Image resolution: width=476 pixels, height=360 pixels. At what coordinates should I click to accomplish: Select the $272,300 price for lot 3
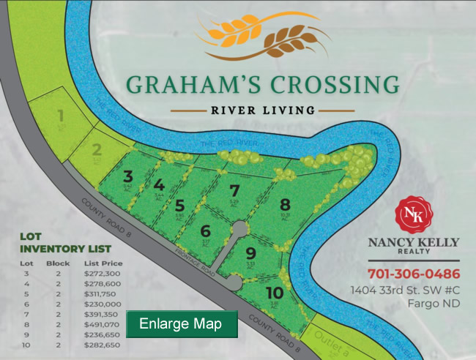coord(104,273)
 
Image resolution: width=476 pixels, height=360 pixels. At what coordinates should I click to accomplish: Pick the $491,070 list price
coord(104,320)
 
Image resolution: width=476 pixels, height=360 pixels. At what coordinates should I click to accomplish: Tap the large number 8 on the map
coord(285,204)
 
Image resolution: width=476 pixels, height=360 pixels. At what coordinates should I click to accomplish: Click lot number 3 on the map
coord(127,176)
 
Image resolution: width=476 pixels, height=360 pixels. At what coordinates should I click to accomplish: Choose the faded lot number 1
coord(62,116)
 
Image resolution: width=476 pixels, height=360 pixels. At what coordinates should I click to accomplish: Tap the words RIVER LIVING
coord(262,110)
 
